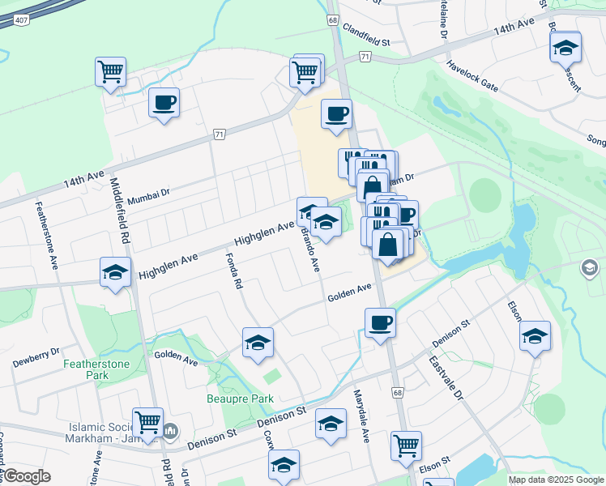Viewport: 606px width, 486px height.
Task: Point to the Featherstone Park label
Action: click(97, 370)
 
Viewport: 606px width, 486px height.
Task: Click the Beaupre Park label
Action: click(239, 399)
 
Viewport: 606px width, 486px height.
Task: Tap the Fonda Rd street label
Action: click(235, 272)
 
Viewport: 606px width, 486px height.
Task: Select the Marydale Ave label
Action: click(361, 416)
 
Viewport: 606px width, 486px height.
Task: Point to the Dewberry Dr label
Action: click(36, 353)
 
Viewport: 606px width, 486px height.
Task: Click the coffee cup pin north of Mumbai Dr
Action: click(164, 103)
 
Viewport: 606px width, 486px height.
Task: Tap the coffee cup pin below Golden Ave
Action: click(380, 323)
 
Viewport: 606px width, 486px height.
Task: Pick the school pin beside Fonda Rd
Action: click(258, 343)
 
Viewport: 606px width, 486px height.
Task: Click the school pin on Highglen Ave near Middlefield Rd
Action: click(115, 272)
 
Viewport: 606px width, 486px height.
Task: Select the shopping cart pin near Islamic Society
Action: click(147, 422)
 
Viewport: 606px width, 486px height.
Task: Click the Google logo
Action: click(27, 476)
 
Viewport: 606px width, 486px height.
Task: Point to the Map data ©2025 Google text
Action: click(556, 480)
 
